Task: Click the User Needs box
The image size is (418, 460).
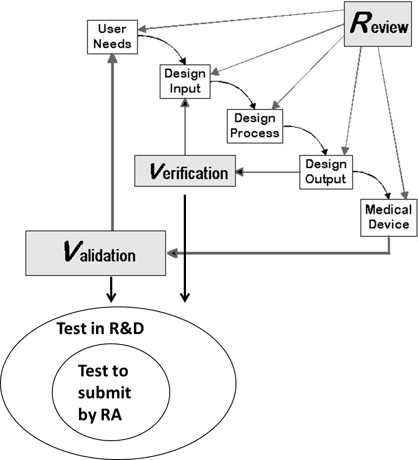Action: [112, 36]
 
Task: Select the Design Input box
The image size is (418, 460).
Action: [185, 81]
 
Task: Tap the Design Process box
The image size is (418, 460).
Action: [255, 126]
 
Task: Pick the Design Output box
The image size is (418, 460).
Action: [325, 172]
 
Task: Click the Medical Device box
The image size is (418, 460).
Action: [388, 217]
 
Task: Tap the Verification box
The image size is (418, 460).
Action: [185, 171]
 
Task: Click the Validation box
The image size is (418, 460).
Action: [95, 253]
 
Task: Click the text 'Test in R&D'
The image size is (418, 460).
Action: [100, 329]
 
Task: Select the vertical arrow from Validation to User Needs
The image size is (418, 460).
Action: [113, 145]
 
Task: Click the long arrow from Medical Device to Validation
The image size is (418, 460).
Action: [281, 253]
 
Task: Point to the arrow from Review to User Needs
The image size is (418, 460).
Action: [241, 20]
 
